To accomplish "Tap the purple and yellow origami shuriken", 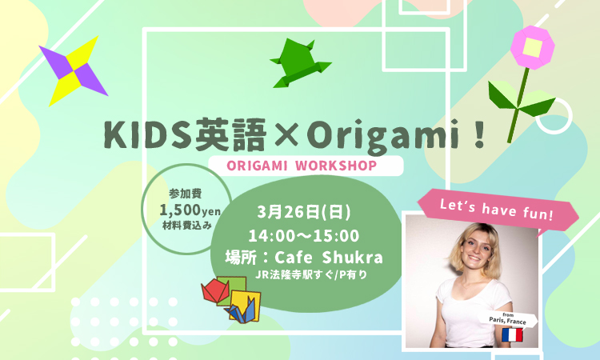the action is [73, 70].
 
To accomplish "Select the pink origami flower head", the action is [532, 47].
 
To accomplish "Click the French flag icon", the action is [512, 334].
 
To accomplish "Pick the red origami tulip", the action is [215, 290].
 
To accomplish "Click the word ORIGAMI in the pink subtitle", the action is [257, 166].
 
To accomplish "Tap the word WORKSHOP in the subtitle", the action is [336, 166].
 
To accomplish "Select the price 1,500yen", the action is [190, 210].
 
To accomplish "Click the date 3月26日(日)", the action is [304, 212].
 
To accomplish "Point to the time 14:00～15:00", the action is [304, 236].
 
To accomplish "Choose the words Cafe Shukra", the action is [329, 257].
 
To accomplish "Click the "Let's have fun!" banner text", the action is [497, 210].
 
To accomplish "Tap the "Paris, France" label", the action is [507, 321].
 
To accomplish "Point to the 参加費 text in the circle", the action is [186, 194].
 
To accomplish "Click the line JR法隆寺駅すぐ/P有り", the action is [311, 274].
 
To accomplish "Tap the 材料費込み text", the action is [187, 226].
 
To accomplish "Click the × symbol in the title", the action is [286, 135].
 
